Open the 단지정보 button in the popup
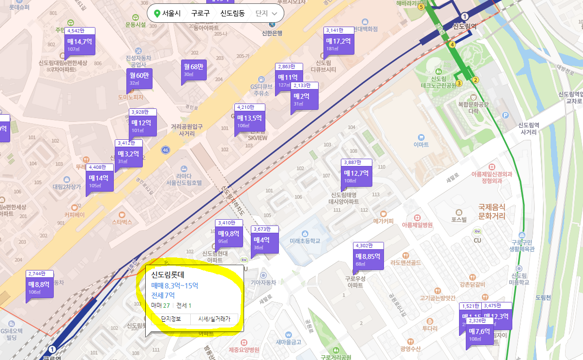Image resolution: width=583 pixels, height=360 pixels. click(171, 319)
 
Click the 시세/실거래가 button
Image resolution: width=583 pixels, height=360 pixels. click(214, 319)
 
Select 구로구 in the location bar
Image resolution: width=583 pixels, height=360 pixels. click(200, 14)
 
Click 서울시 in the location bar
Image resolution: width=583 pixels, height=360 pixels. click(171, 14)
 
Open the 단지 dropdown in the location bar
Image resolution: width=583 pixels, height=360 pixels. click(266, 14)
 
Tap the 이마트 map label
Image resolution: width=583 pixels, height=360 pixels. click(421, 144)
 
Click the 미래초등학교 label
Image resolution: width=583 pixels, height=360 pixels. click(305, 240)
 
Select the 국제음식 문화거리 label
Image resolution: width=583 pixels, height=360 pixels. click(491, 210)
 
